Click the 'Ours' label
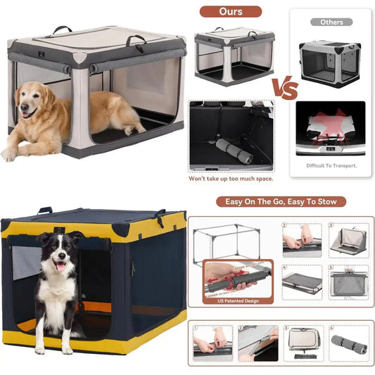tap(229, 11)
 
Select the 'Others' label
tap(331, 22)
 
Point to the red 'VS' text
tap(284, 88)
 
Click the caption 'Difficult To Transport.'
tap(331, 165)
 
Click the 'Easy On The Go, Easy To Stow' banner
tap(285, 201)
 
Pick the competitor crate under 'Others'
tap(329, 64)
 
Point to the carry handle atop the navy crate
tap(46, 210)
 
